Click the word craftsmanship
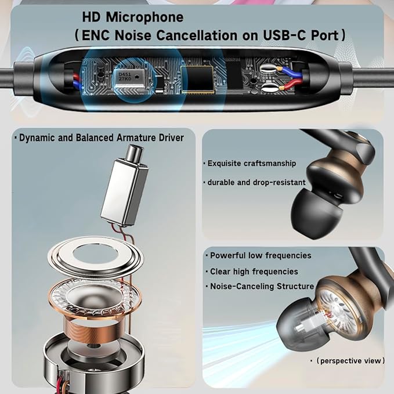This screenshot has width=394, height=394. [x=269, y=163]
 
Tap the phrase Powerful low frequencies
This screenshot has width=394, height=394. [x=261, y=255]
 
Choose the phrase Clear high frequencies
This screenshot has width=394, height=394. [x=254, y=271]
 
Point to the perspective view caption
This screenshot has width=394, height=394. [x=350, y=361]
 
